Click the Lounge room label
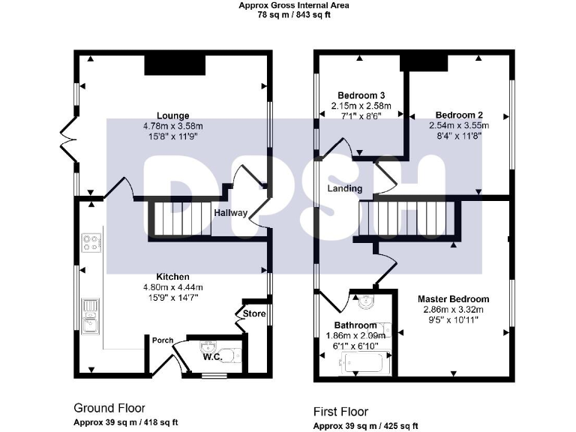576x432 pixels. (173, 115)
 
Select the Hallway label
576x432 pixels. (230, 213)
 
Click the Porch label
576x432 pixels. (162, 340)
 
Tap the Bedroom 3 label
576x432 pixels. (361, 96)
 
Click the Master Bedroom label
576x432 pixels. (453, 298)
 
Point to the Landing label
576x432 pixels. (344, 188)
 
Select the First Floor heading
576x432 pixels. (341, 412)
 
